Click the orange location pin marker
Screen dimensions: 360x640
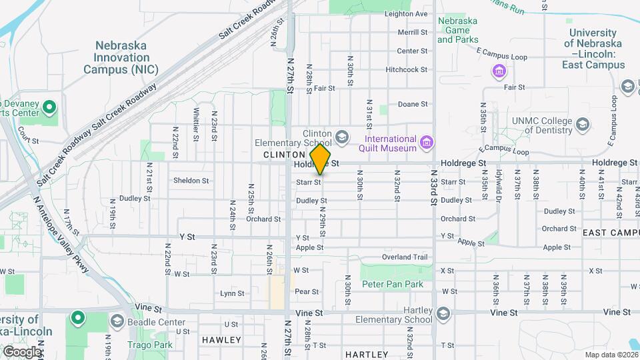[321, 159]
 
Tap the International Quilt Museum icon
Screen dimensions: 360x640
[427, 142]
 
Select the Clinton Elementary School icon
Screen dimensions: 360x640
[342, 137]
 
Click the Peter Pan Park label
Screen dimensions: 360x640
[393, 284]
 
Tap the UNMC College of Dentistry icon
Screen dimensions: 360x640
[583, 125]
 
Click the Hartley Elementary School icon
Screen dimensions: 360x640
[443, 313]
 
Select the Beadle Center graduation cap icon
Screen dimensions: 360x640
[117, 323]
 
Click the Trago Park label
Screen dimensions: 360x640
[153, 345]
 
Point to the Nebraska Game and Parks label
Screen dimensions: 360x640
[457, 30]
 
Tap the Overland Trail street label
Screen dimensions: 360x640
[405, 257]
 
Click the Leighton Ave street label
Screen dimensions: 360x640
[406, 13]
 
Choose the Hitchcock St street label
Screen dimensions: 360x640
[406, 69]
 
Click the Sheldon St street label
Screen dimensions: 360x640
[191, 181]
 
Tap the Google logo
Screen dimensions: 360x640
[21, 351]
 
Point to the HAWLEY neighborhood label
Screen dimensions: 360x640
[221, 340]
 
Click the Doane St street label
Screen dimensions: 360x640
[413, 104]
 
